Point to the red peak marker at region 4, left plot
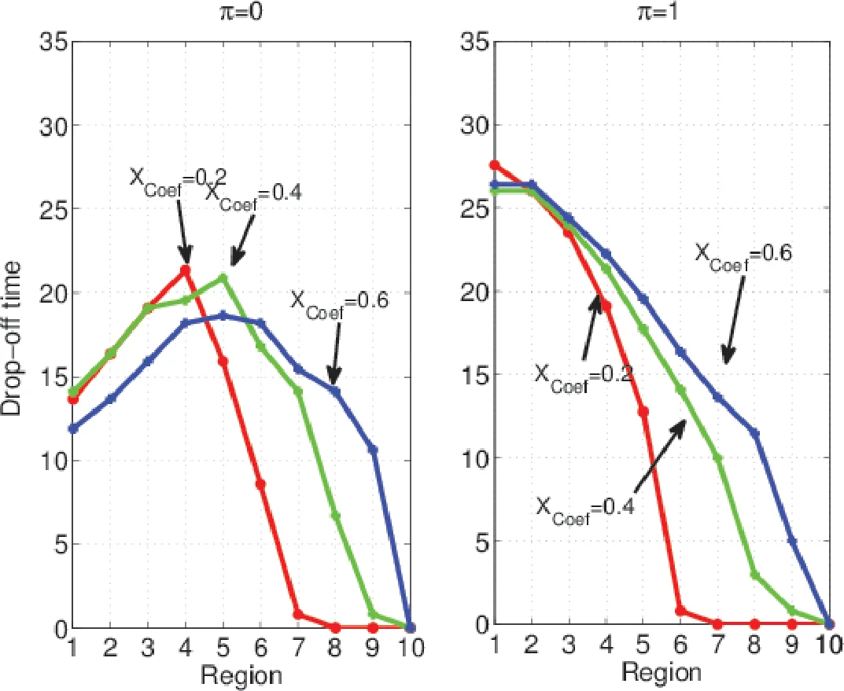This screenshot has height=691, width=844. pyautogui.click(x=186, y=270)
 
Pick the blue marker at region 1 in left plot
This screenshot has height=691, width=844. pyautogui.click(x=73, y=428)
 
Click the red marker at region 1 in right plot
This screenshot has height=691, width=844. pyautogui.click(x=495, y=165)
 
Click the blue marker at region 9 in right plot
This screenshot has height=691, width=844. pyautogui.click(x=792, y=541)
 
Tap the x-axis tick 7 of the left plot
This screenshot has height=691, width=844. pyautogui.click(x=298, y=649)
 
